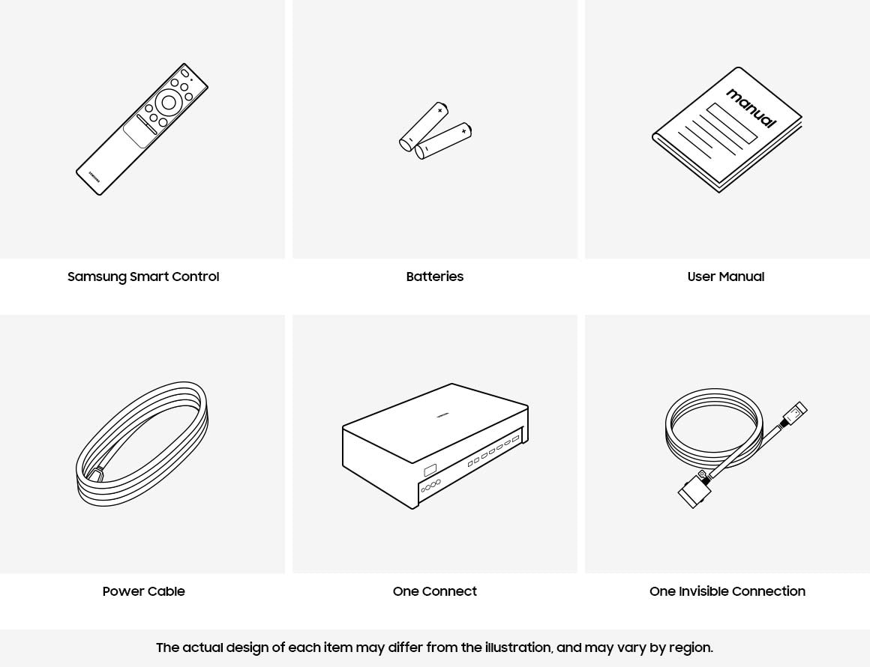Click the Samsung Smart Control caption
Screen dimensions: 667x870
click(143, 277)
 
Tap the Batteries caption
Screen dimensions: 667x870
click(435, 277)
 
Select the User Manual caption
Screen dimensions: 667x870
click(726, 277)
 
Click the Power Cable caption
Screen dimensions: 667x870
click(143, 591)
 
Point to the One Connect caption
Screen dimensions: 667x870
click(435, 591)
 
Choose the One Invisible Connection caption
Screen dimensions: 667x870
click(727, 591)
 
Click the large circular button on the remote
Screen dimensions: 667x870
click(169, 103)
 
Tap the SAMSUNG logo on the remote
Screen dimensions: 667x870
click(94, 175)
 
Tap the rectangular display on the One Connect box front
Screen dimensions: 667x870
click(430, 471)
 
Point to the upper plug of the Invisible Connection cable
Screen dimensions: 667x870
click(795, 413)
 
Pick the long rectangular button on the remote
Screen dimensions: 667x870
click(147, 124)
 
